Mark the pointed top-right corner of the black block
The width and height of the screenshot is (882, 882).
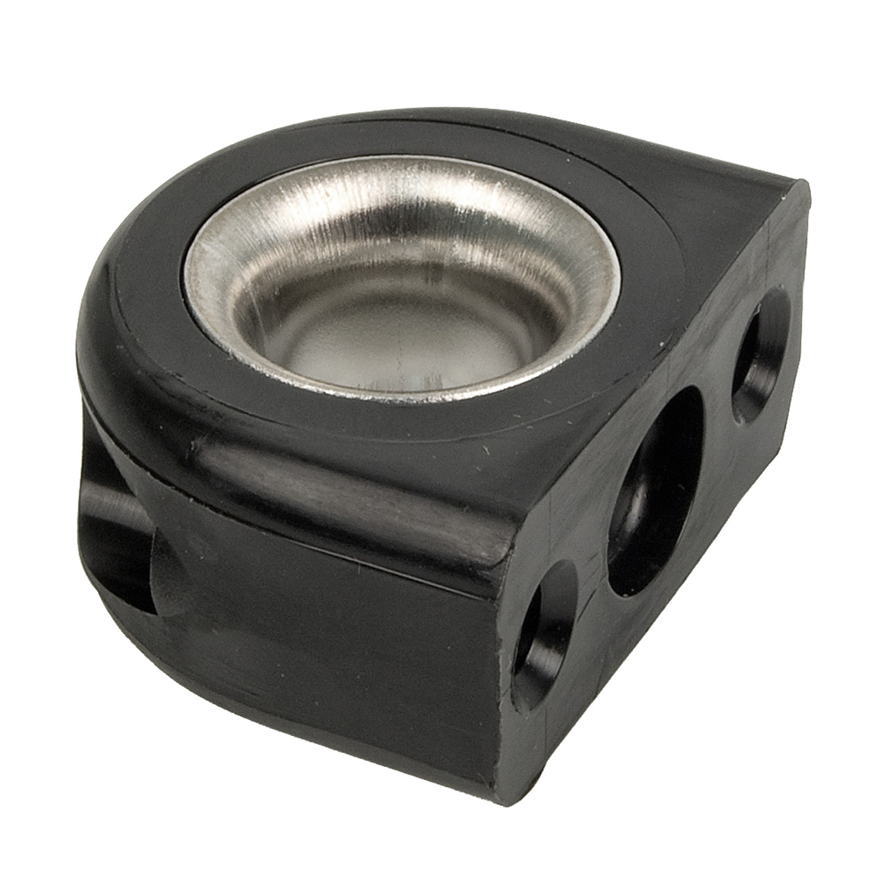(x=806, y=183)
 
